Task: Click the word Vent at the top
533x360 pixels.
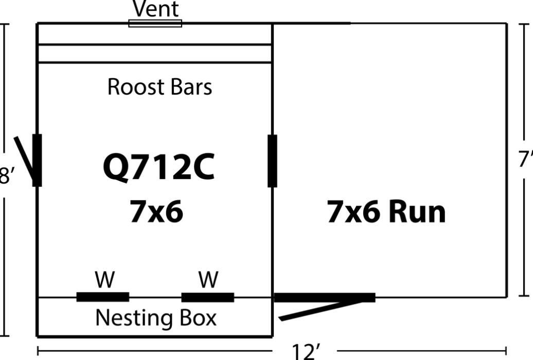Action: click(x=155, y=9)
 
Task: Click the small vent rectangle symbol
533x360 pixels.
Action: click(x=155, y=23)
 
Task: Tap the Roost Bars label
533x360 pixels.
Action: click(x=159, y=87)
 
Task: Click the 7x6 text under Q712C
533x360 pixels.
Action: click(x=156, y=211)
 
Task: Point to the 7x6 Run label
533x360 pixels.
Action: click(x=386, y=211)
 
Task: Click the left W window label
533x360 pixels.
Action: click(x=105, y=280)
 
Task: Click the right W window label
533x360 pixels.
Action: click(x=208, y=280)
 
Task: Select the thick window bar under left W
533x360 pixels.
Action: click(x=102, y=297)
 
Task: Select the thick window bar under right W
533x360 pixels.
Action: click(x=208, y=297)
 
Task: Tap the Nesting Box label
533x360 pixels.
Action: click(x=156, y=318)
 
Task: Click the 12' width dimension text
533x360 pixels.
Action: click(x=306, y=351)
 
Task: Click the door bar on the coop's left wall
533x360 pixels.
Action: click(x=37, y=160)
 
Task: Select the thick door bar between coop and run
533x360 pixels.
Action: click(x=272, y=160)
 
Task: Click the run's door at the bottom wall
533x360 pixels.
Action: click(x=325, y=297)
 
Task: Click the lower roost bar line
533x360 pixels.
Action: click(x=154, y=63)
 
